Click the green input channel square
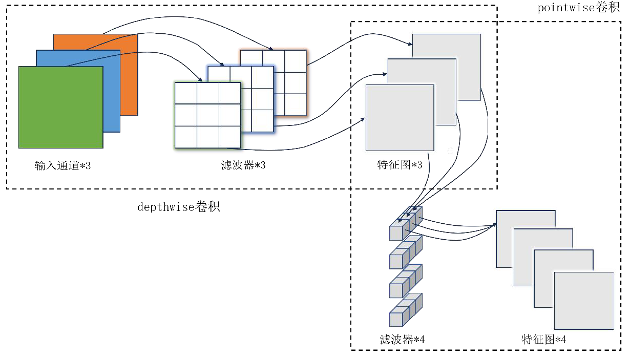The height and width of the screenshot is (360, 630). [61, 107]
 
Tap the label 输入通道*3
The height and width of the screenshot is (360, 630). [62, 165]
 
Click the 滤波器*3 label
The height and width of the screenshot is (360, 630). [243, 165]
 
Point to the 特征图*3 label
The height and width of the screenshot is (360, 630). [400, 164]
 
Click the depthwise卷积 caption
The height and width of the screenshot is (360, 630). [179, 207]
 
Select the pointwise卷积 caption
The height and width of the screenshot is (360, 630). [579, 8]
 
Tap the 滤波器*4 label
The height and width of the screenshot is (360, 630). [402, 340]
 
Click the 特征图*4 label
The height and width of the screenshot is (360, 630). [543, 340]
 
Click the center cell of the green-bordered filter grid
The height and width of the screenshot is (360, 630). [208, 115]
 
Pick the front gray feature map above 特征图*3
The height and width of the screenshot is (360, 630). [400, 118]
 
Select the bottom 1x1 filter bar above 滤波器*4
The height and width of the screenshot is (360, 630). [406, 310]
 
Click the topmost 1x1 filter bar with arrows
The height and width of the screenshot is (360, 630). [406, 224]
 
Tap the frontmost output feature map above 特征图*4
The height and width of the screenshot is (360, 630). [584, 301]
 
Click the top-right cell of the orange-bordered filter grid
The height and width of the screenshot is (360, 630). [296, 61]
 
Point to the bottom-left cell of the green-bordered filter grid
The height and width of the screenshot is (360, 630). [186, 137]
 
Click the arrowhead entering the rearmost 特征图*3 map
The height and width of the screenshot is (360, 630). [410, 44]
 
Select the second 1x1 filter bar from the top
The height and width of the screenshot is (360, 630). [406, 252]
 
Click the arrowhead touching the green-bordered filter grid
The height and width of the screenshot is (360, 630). [200, 80]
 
